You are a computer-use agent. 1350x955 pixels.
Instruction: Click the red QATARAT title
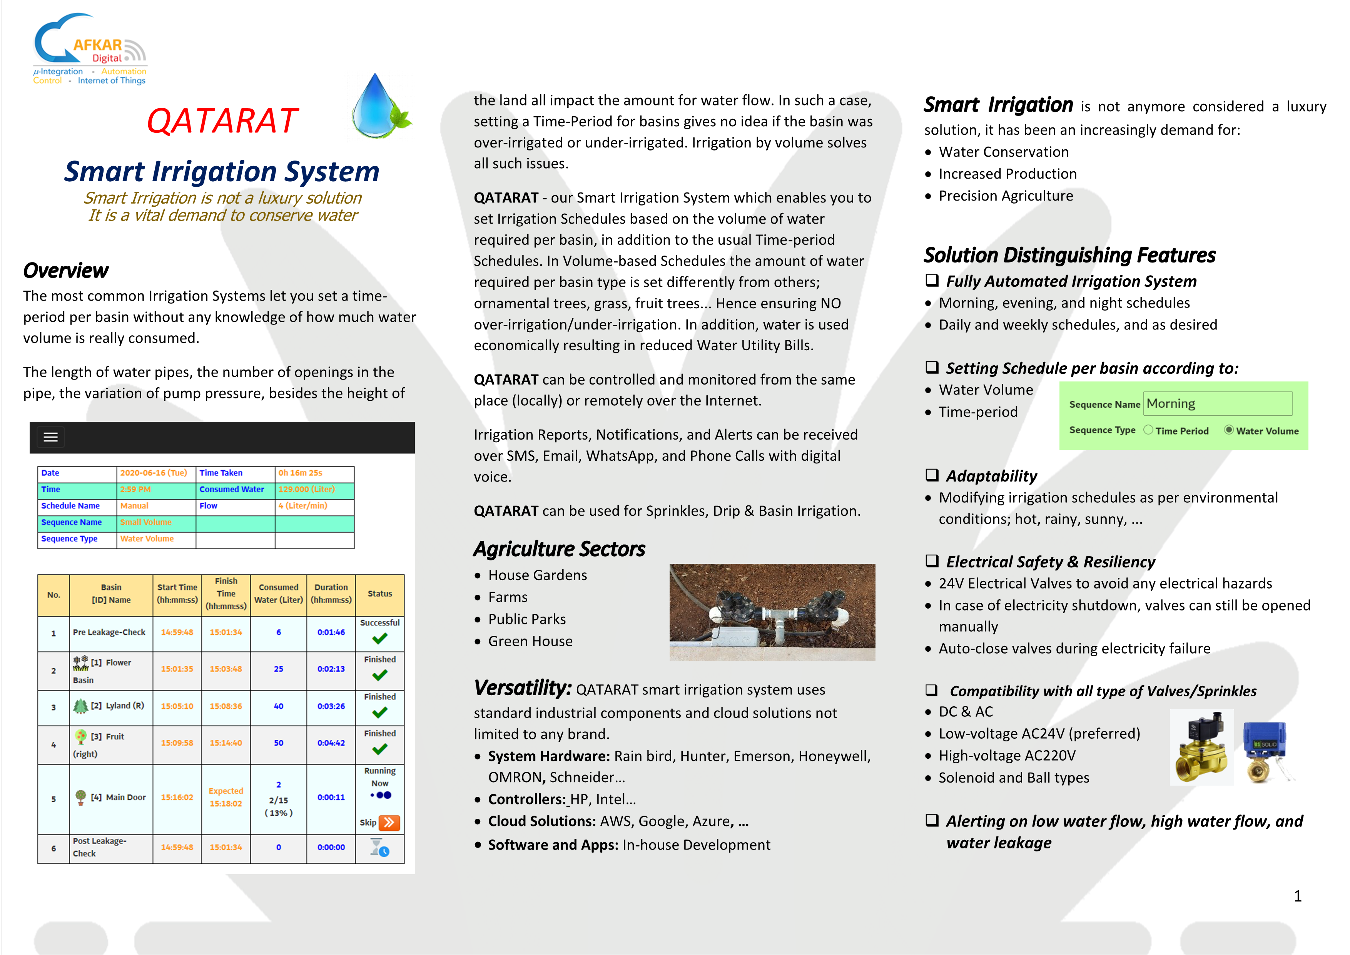pyautogui.click(x=222, y=121)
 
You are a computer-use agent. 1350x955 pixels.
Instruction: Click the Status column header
pyautogui.click(x=380, y=594)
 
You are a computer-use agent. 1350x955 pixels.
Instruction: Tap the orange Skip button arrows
pyautogui.click(x=389, y=823)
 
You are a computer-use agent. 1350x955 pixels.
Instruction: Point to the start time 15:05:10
pyautogui.click(x=177, y=706)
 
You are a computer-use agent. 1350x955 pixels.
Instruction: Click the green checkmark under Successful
pyautogui.click(x=380, y=639)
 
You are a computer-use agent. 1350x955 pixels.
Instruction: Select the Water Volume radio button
pyautogui.click(x=1228, y=430)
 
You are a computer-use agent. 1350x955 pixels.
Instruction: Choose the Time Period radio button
pyautogui.click(x=1148, y=430)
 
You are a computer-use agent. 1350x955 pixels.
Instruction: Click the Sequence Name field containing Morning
pyautogui.click(x=1217, y=404)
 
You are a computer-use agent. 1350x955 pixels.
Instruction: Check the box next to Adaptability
pyautogui.click(x=932, y=475)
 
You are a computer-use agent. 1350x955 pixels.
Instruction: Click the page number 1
pyautogui.click(x=1298, y=896)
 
